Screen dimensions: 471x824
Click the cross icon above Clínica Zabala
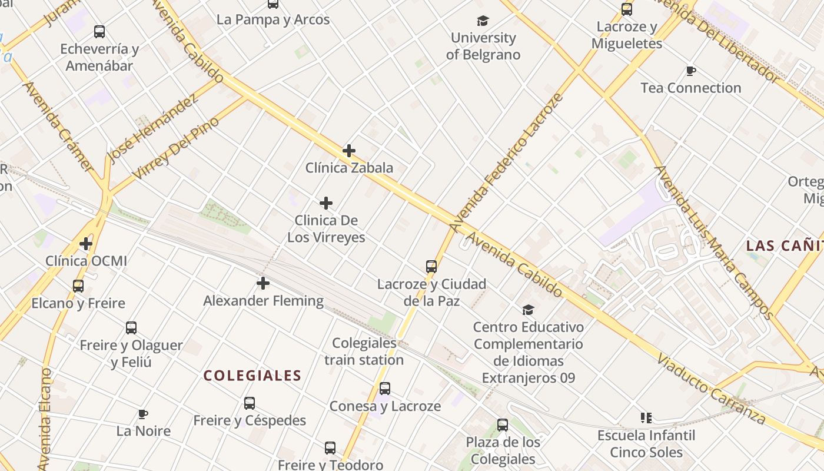tap(349, 151)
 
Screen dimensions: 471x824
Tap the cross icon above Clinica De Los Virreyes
tap(326, 204)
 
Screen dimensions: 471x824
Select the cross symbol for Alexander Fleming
tap(263, 284)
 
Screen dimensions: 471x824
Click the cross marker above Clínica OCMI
tap(86, 243)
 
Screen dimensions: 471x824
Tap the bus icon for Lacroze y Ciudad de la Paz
tap(431, 267)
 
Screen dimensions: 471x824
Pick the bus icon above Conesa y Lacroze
tap(385, 389)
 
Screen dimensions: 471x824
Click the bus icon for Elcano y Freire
tap(78, 286)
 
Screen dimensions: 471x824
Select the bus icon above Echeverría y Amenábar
tap(99, 32)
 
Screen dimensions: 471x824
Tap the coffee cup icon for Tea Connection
tap(691, 71)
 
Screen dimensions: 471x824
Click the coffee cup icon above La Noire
tap(143, 414)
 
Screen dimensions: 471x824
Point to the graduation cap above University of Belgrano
tap(483, 21)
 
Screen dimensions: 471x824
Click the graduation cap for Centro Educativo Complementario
tap(529, 310)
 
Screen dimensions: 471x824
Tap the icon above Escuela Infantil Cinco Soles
tap(646, 418)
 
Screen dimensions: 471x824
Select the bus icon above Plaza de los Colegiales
tap(503, 425)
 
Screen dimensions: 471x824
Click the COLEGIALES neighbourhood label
tap(252, 376)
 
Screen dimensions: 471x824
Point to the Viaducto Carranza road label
tap(712, 389)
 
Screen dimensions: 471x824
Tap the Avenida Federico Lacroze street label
tap(507, 161)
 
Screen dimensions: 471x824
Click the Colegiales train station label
tap(364, 351)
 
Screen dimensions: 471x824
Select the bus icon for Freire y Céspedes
tap(250, 403)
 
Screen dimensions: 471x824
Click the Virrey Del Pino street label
tap(175, 148)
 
